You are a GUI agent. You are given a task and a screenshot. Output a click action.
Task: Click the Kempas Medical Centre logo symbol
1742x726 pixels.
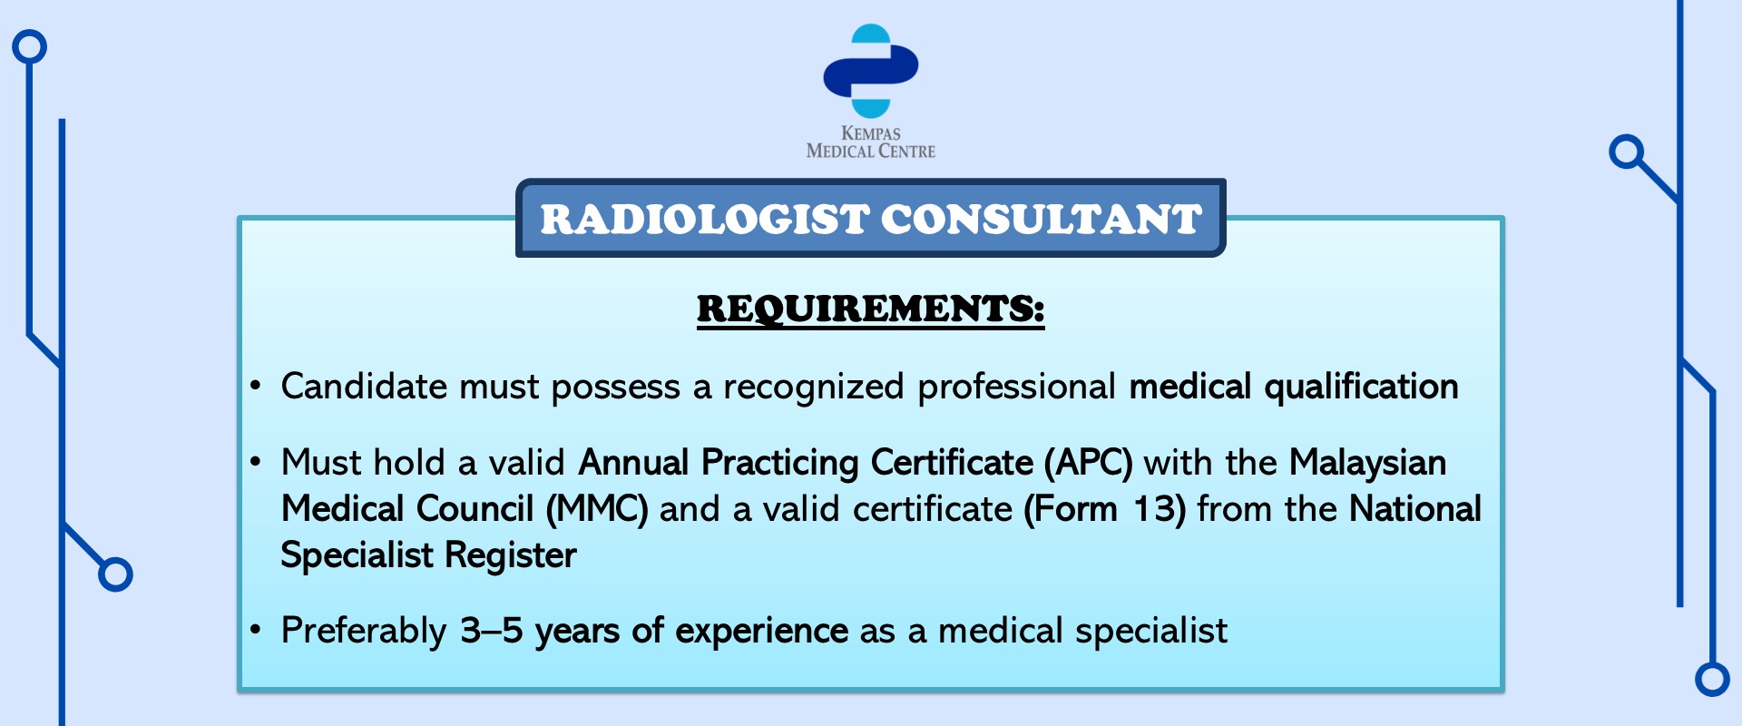coord(871,71)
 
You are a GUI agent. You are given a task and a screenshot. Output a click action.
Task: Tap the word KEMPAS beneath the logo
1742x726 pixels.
coord(871,132)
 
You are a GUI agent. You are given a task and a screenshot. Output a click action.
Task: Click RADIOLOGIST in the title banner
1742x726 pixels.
coord(705,220)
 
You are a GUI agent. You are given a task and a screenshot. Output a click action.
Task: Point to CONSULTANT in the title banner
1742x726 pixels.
coord(1042,220)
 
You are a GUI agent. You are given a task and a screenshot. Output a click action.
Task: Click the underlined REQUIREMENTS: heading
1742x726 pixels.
coord(871,309)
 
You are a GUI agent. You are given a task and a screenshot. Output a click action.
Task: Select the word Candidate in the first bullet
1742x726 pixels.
coord(365,387)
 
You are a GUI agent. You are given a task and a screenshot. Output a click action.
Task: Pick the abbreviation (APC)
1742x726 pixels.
coord(1088,464)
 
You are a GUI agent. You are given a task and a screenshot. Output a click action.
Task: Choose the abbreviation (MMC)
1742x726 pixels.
coord(597,510)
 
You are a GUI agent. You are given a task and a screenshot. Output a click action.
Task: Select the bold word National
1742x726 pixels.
coord(1415,509)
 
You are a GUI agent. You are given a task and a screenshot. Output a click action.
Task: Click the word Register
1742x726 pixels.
coord(511,556)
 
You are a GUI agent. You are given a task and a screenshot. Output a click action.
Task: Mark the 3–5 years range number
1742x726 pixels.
coord(492,631)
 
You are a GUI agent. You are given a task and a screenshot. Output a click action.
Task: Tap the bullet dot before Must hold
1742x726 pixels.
coord(256,463)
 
